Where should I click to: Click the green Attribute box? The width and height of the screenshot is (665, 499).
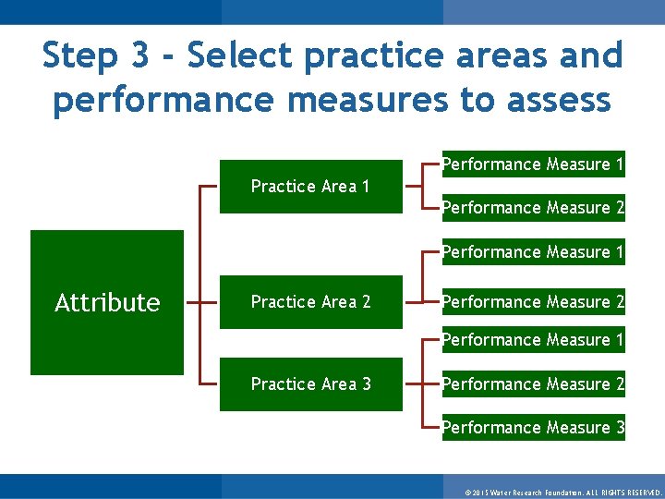point(107,302)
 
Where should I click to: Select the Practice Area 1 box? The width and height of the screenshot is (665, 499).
point(310,187)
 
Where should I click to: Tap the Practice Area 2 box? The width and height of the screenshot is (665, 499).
point(310,302)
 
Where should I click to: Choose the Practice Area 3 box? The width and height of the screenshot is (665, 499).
point(310,383)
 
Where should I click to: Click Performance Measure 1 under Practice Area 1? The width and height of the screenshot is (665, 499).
point(533,164)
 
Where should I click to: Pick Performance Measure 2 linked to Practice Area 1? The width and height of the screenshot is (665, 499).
point(533,208)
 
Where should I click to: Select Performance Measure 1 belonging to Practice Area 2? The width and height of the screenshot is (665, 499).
point(533,251)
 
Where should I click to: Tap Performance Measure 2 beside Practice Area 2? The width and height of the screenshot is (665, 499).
point(533,302)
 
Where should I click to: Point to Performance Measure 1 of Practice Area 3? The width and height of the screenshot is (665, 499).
point(533,340)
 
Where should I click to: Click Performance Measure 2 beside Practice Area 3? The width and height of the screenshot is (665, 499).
point(533,383)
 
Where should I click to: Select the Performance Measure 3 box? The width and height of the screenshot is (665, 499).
point(533,427)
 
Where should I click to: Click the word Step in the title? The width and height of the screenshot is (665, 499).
point(82,56)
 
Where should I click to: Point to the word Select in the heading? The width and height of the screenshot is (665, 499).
point(240,56)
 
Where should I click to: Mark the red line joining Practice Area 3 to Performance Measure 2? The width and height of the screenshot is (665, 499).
point(422,383)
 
